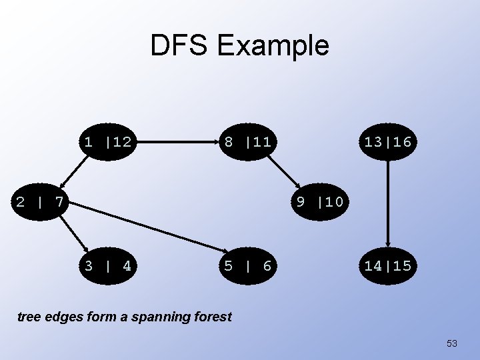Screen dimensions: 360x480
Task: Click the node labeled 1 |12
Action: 107,141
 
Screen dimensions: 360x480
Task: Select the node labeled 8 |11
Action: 247,141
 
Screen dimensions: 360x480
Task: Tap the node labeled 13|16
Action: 387,141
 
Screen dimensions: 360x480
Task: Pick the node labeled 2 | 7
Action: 39,201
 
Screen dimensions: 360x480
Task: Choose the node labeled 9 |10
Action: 319,201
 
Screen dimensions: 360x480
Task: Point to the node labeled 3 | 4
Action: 107,266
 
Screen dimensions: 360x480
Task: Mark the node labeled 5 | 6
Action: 247,266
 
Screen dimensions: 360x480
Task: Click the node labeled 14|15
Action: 387,266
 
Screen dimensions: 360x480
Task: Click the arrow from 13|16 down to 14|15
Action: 387,203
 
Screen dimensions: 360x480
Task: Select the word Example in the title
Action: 273,45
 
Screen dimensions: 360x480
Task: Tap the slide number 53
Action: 452,343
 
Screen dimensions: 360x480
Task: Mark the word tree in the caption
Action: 28,317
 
